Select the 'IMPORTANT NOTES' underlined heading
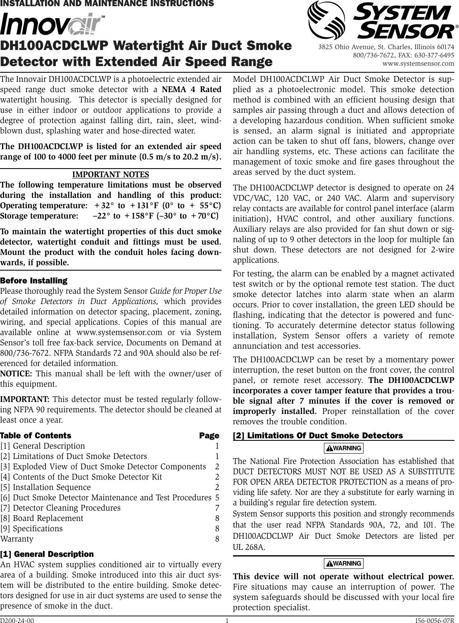(111, 175)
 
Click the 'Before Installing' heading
(34, 281)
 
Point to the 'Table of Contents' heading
(36, 435)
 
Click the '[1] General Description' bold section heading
(47, 554)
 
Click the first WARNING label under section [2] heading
(344, 448)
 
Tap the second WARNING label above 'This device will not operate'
(344, 564)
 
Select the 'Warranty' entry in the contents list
(17, 539)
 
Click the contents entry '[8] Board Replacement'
(48, 518)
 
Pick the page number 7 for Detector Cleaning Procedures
(217, 508)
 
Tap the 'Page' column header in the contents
(209, 435)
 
